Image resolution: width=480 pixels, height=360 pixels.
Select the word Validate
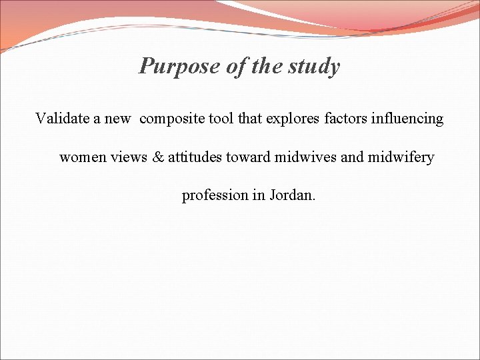63,119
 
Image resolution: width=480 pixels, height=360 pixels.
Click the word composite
172,119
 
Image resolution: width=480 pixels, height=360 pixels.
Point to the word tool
222,119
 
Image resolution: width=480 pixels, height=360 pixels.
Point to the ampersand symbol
159,157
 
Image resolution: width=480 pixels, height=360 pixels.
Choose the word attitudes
197,157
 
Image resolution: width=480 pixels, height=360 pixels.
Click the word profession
215,196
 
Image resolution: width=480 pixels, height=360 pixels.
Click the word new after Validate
117,119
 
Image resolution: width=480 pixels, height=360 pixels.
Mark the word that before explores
250,119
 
